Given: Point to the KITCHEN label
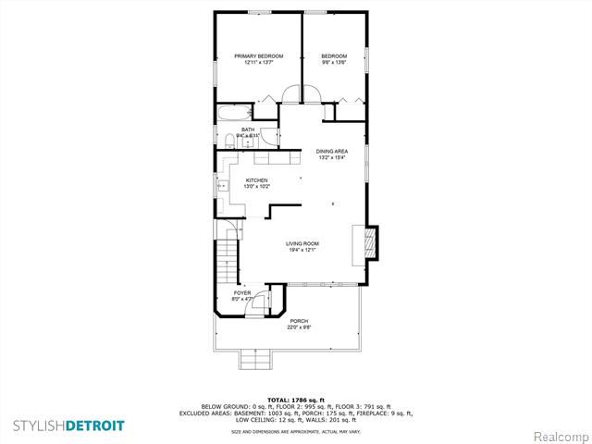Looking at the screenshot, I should [256, 179].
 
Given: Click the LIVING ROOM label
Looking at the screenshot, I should [302, 244].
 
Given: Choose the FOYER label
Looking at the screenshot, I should [242, 294].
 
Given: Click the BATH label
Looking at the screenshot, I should [248, 129].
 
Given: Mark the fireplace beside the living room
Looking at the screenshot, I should [369, 243].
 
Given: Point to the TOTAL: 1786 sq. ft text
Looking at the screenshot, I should [296, 397].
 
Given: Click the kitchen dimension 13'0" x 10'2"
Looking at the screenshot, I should [256, 187].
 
